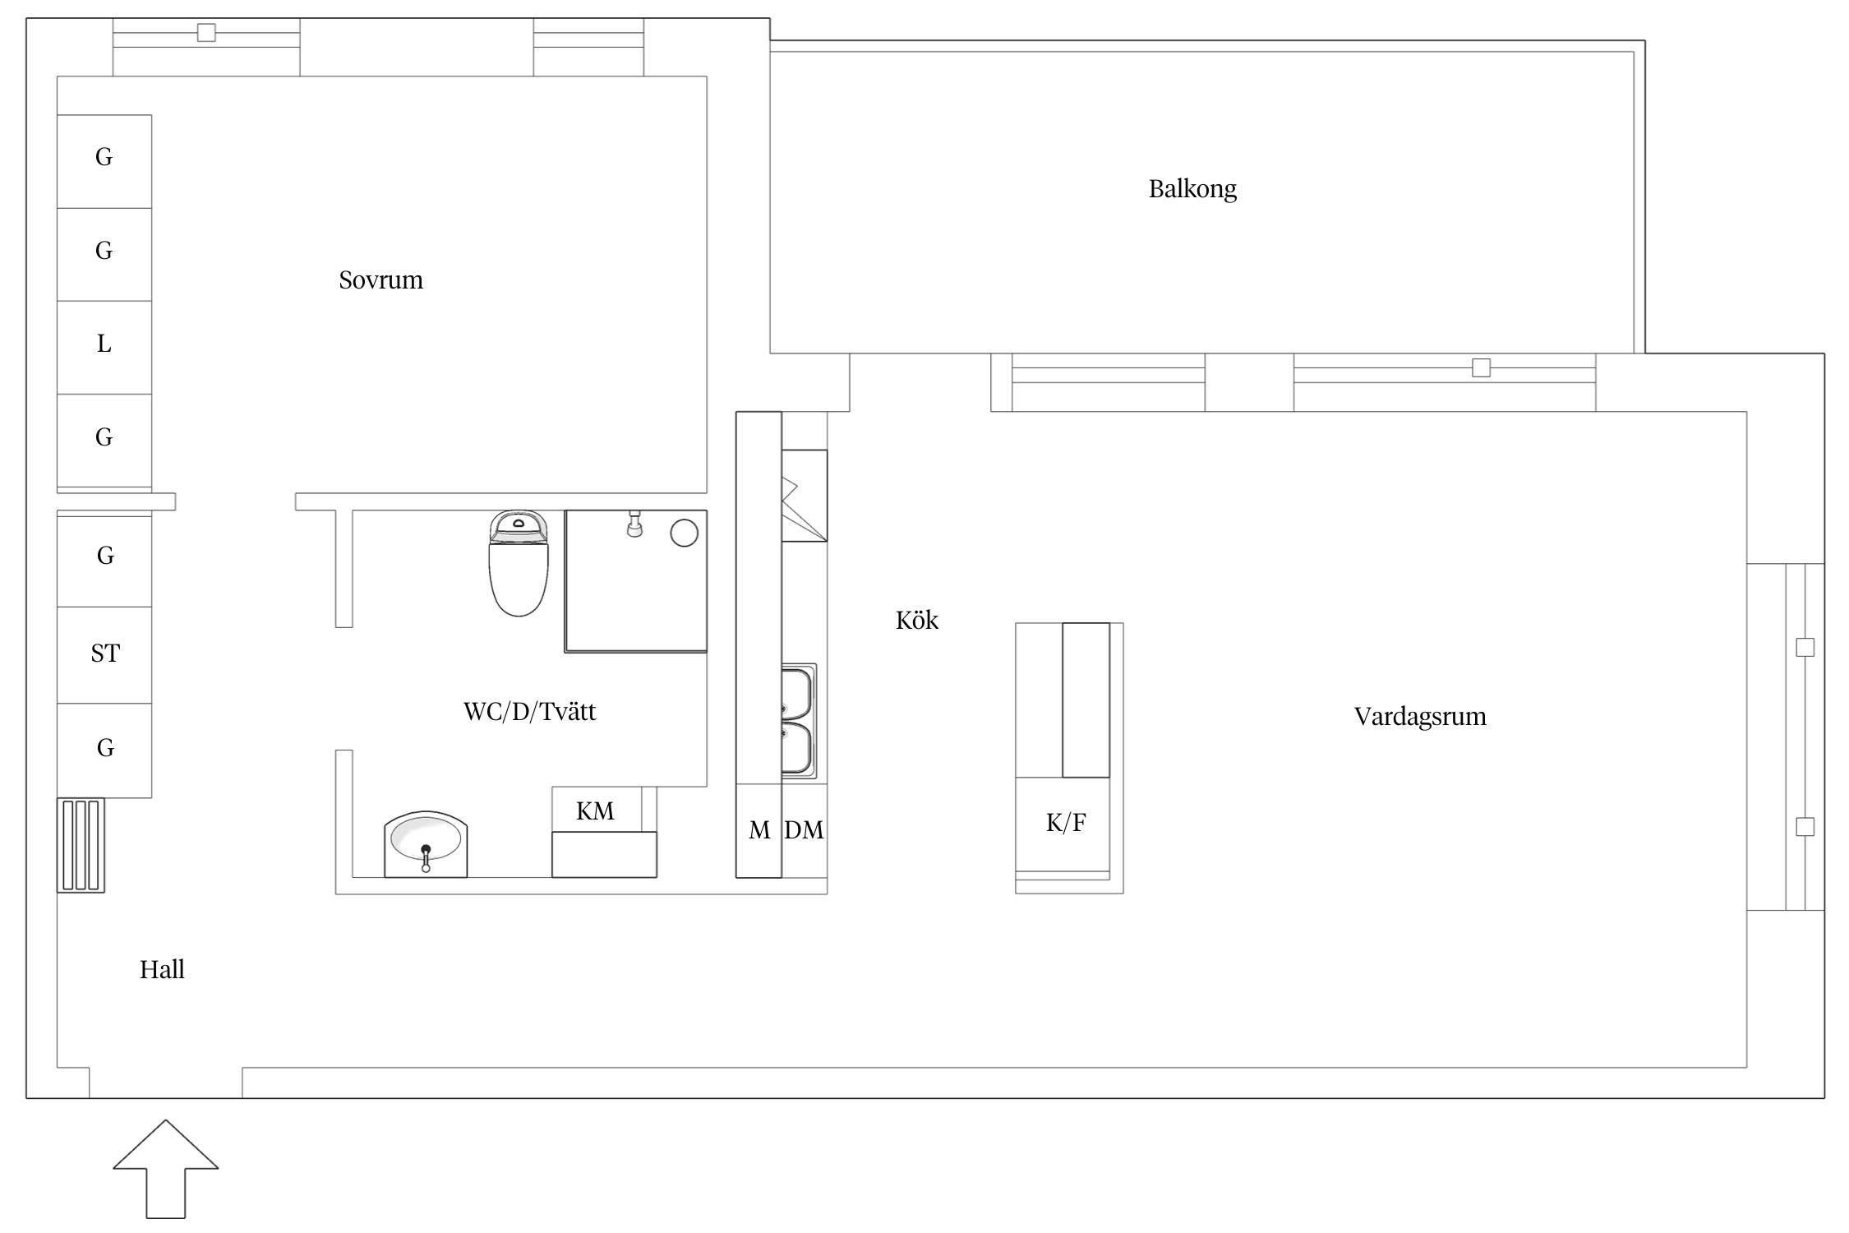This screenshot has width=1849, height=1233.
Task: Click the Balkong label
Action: coord(1192,189)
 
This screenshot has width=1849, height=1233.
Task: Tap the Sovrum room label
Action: coord(380,280)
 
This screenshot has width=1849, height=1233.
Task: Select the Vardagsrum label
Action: coord(1420,717)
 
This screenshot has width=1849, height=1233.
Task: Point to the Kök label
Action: coord(916,620)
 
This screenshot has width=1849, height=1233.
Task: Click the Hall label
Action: coord(162,970)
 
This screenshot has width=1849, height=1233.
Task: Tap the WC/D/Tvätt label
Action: coord(529,711)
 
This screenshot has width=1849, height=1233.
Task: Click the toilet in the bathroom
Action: coord(518,563)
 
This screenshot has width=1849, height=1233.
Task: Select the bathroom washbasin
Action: coord(426,844)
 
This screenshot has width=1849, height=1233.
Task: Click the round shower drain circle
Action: coord(685,533)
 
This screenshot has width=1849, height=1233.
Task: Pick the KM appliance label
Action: coord(595,811)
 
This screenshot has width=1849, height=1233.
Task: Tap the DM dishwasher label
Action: coord(804,830)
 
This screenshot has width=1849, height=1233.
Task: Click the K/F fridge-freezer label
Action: coord(1066,823)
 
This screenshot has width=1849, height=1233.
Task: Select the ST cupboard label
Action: coord(105,653)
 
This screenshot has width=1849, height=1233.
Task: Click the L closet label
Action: coord(104,344)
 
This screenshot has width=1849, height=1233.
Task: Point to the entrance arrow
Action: coord(166,1168)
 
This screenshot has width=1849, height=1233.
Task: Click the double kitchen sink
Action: coord(798,721)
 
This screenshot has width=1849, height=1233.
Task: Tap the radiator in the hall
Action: coord(81,845)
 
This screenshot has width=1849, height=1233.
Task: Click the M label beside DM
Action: coord(759,831)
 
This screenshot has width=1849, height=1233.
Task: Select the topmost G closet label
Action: coord(104,157)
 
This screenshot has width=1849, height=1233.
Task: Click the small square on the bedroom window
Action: coord(206,33)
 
